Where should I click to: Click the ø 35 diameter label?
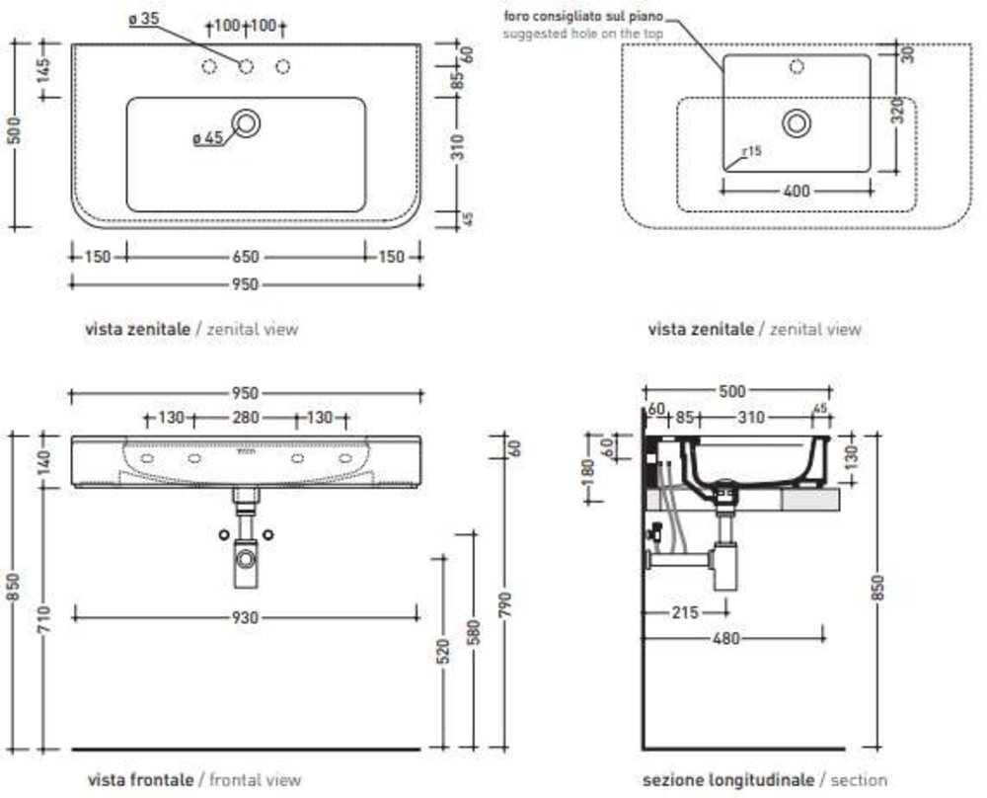tap(144, 19)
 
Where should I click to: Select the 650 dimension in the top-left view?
tap(245, 257)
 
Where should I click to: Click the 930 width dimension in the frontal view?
tap(245, 617)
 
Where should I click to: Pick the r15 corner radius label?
tap(752, 151)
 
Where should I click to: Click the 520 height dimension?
tap(442, 649)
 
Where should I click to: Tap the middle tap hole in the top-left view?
tap(246, 66)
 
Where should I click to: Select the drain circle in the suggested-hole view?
tap(796, 122)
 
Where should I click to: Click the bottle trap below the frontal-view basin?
tap(245, 563)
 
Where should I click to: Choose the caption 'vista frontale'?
tap(141, 779)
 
